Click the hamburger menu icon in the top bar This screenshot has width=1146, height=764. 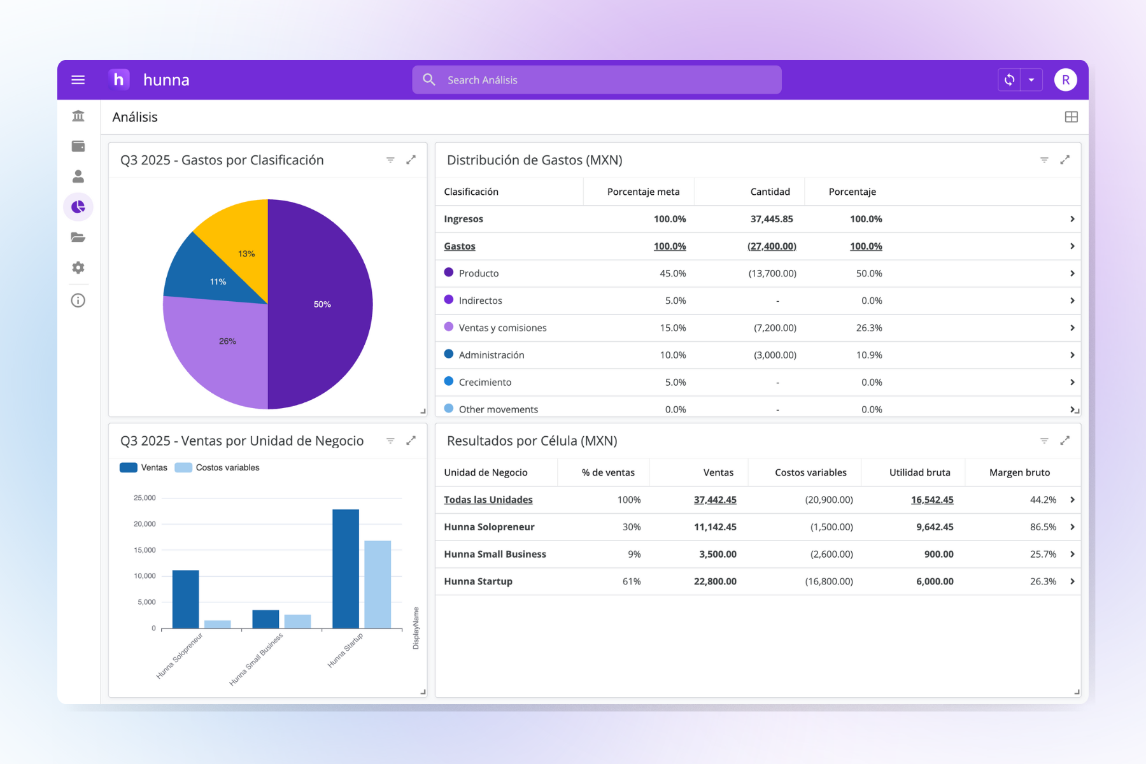point(78,80)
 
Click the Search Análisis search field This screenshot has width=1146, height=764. point(597,80)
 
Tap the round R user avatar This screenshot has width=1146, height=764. point(1065,80)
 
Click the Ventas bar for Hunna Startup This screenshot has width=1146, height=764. point(346,568)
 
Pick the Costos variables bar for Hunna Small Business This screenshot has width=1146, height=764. point(297,621)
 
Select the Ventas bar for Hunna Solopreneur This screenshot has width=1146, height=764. point(185,598)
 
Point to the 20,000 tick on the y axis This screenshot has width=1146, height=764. point(145,524)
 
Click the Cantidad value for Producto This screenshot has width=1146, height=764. point(772,273)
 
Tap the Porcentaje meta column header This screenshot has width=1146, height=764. point(643,192)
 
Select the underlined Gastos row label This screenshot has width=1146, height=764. point(460,246)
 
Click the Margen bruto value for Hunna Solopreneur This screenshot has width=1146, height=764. point(1043,527)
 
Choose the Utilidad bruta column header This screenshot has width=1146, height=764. point(919,472)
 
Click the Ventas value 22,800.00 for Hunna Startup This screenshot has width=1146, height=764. point(715,581)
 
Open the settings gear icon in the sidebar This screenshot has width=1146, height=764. point(78,267)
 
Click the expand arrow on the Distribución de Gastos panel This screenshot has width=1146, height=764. point(1065,160)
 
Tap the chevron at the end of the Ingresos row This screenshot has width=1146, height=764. point(1072,219)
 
